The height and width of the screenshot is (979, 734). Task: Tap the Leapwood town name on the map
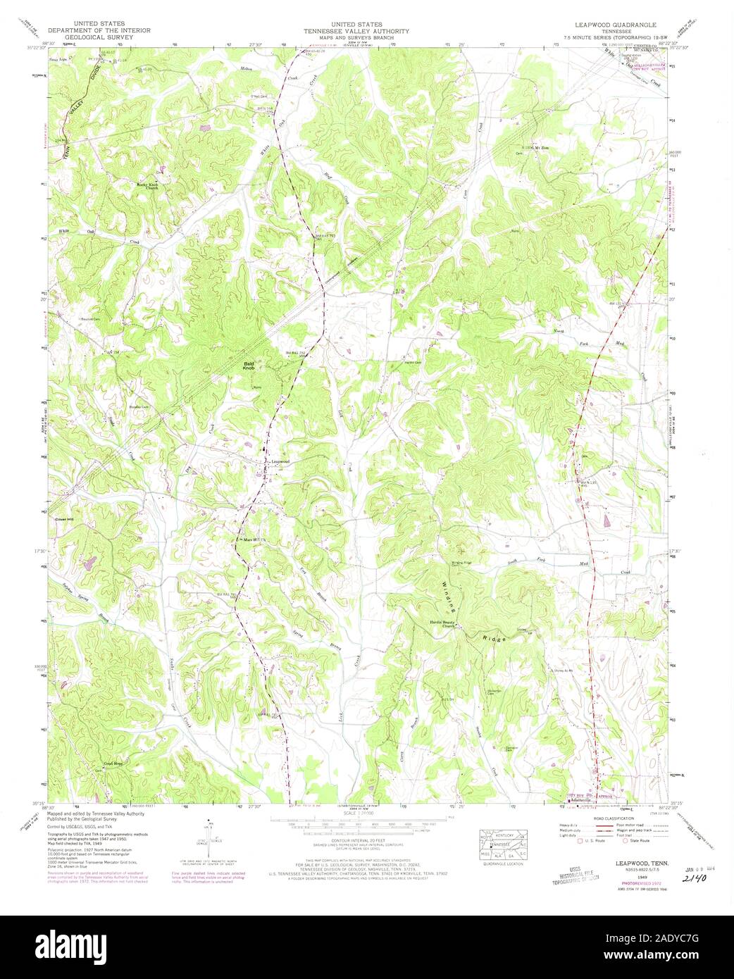pyautogui.click(x=281, y=461)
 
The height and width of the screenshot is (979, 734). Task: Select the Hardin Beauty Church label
pyautogui.click(x=454, y=623)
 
